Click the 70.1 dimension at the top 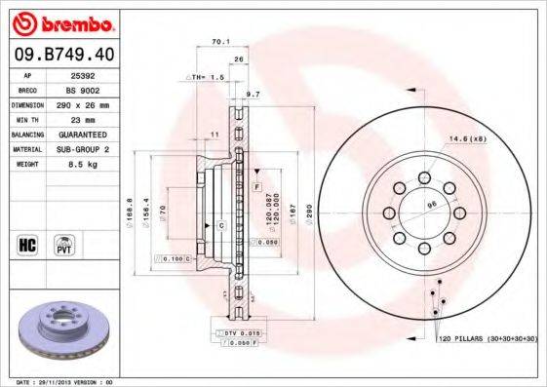click(219, 42)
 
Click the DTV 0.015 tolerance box click(242, 333)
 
